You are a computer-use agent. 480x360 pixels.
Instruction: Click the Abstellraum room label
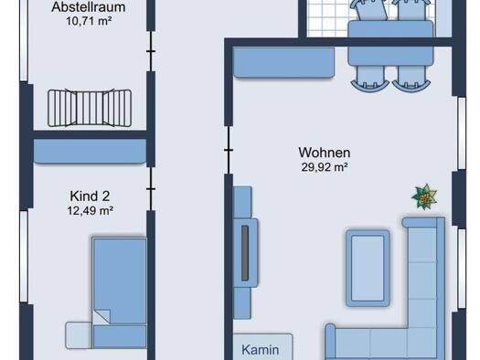pos(89,7)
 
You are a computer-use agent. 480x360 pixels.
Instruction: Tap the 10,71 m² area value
pos(89,21)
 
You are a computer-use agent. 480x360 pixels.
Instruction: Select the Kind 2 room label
pos(90,196)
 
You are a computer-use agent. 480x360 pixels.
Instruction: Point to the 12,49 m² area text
pos(91,211)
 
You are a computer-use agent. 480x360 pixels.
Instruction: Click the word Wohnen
pos(325,153)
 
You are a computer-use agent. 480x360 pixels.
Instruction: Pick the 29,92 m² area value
pos(325,167)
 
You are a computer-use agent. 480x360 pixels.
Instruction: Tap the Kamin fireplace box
pos(263,347)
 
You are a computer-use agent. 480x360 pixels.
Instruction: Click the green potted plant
pos(424,196)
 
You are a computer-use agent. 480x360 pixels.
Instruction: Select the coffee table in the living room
pos(368,269)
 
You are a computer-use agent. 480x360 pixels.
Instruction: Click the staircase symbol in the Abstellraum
pos(90,108)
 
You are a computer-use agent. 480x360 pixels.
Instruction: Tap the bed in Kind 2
pos(120,292)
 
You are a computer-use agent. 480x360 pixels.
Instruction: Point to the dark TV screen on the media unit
pos(245,253)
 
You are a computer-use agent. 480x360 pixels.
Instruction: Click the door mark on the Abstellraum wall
pos(151,51)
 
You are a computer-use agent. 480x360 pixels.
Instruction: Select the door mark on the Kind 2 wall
pos(151,189)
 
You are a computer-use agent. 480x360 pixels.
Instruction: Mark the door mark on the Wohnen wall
pos(229,150)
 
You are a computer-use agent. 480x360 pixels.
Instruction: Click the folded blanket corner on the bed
pos(101,317)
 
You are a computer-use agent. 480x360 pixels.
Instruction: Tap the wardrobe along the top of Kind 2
pos(90,151)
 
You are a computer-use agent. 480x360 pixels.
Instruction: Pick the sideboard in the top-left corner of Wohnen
pos(283,62)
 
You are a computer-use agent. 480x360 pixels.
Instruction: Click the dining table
pos(390,43)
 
